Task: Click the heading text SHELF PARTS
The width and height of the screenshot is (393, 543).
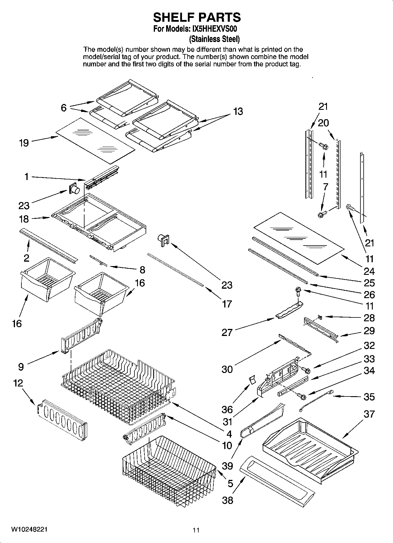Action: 197,17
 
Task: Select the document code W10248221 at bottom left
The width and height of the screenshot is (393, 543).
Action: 29,529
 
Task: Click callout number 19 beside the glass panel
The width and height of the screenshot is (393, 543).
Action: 24,143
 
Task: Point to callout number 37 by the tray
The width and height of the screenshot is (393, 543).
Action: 369,414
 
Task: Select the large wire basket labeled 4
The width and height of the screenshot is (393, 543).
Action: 117,385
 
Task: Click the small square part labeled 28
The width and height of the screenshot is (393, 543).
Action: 320,317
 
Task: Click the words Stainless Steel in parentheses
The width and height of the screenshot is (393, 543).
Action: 214,39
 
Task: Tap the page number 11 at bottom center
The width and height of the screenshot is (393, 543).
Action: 196,530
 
